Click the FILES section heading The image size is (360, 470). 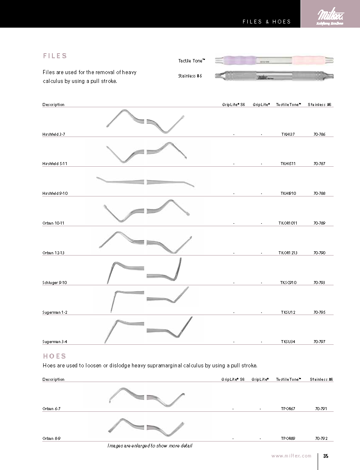(x=55, y=56)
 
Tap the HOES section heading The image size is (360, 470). (x=54, y=356)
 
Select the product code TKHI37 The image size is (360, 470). (x=288, y=134)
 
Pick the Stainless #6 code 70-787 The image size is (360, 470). (x=319, y=164)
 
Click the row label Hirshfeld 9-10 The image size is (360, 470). (x=55, y=194)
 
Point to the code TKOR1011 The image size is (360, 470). (x=288, y=223)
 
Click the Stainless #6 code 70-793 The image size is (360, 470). (x=319, y=283)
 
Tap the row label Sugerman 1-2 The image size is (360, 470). (x=54, y=312)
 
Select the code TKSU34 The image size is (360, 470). (x=288, y=342)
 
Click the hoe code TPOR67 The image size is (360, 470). (x=288, y=408)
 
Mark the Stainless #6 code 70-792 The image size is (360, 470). (x=321, y=439)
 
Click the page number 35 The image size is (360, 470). (x=326, y=456)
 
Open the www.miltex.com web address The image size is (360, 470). (x=291, y=456)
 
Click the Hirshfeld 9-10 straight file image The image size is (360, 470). (x=145, y=181)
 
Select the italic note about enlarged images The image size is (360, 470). (x=150, y=446)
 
